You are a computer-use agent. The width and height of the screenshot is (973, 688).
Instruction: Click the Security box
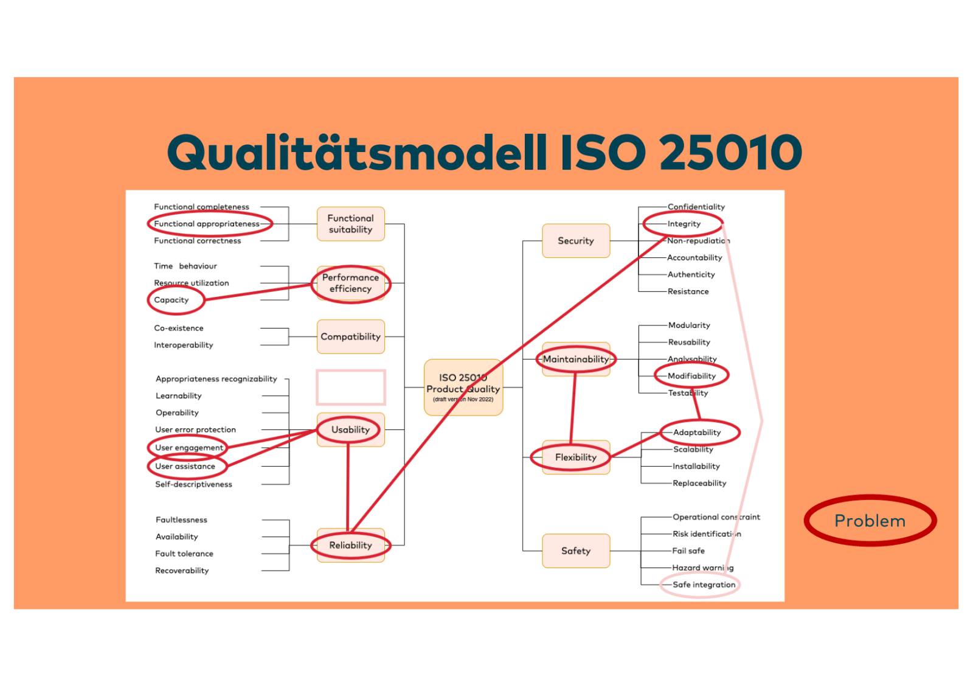575,241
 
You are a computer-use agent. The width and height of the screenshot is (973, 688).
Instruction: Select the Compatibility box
350,336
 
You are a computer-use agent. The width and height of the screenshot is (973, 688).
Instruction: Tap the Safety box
575,551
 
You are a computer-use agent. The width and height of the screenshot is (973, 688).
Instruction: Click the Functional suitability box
350,224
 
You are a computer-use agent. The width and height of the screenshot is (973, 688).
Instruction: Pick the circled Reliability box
350,545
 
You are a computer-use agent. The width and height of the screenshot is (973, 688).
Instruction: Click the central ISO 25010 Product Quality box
463,387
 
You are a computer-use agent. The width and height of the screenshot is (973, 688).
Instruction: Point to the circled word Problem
870,521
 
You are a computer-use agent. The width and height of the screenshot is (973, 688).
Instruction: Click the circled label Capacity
171,300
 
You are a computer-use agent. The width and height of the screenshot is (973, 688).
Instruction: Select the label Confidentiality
696,207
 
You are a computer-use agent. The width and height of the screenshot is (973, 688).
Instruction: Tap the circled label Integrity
684,224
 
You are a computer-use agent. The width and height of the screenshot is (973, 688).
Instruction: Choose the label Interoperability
183,345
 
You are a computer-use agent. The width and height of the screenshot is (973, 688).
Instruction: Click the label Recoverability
182,571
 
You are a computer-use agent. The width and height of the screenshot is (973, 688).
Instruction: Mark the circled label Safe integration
704,585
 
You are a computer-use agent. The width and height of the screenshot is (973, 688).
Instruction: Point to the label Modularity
688,325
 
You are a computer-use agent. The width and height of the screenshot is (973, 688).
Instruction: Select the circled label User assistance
185,467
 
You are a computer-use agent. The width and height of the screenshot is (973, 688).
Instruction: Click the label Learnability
178,395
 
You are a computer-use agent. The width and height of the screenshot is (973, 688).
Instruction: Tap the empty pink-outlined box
350,387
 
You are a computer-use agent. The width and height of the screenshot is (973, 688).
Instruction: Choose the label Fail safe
688,551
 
